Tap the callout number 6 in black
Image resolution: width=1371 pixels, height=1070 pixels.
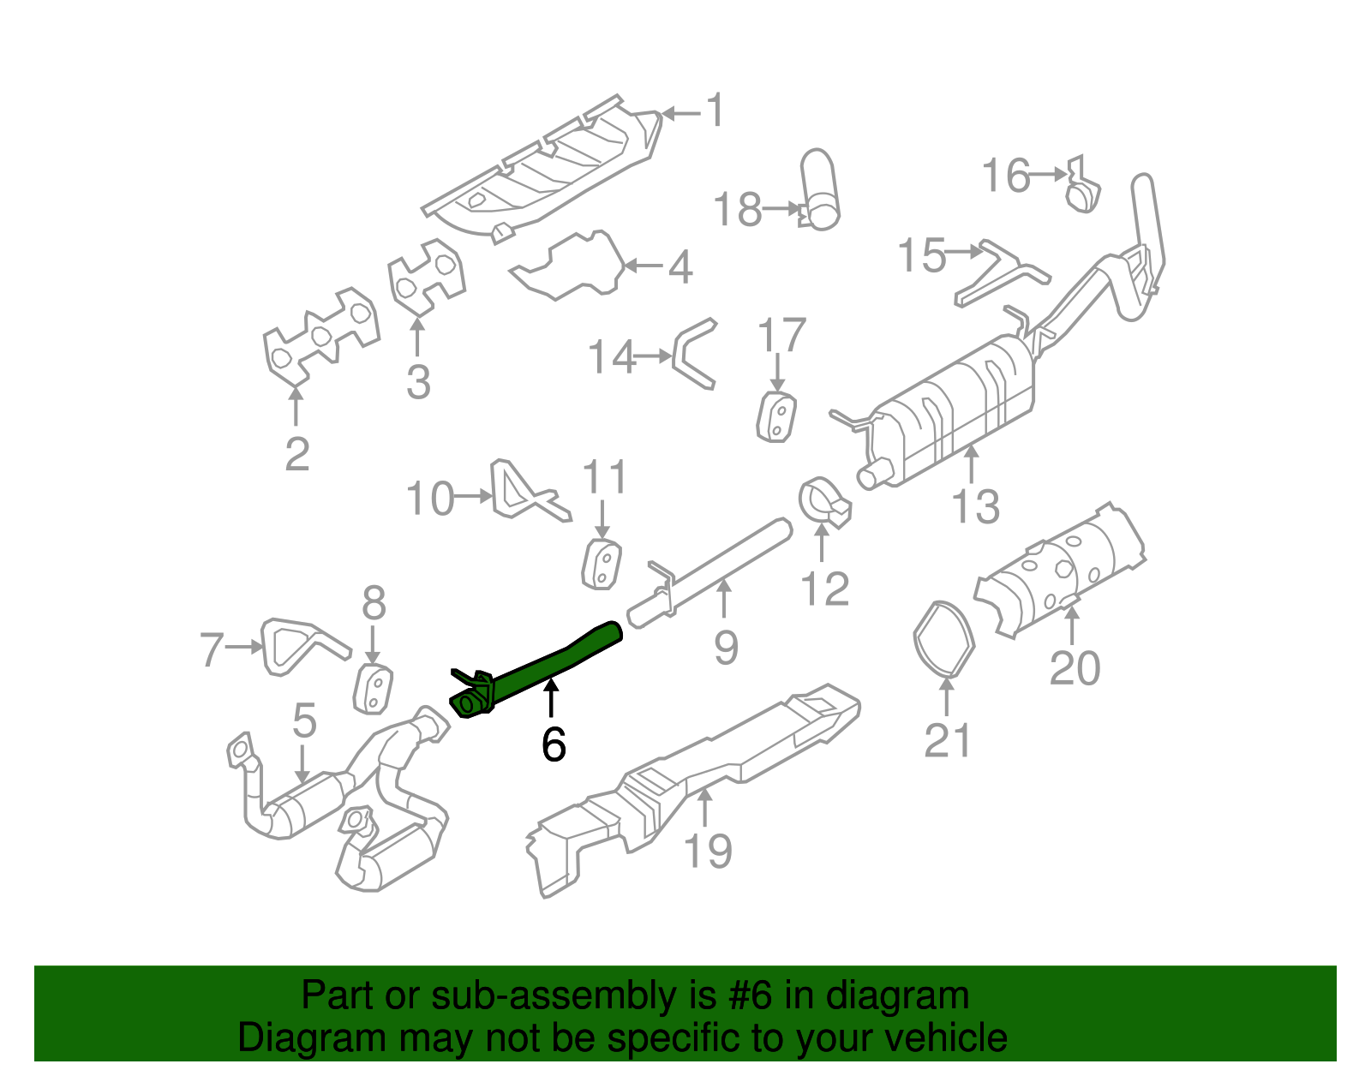(554, 744)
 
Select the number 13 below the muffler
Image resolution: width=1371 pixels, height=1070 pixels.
(975, 506)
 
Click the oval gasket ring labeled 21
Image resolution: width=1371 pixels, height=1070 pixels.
(943, 639)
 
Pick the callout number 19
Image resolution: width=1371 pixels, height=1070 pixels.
(708, 851)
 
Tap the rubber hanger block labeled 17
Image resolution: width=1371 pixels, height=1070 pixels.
(776, 417)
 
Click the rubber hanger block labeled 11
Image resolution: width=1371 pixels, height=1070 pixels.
(602, 565)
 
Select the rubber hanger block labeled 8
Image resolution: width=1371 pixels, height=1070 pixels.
(374, 689)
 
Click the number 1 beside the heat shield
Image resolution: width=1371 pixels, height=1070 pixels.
(715, 111)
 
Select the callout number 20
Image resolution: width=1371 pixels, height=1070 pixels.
(1075, 668)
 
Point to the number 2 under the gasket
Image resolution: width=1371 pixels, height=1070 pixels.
(296, 453)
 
